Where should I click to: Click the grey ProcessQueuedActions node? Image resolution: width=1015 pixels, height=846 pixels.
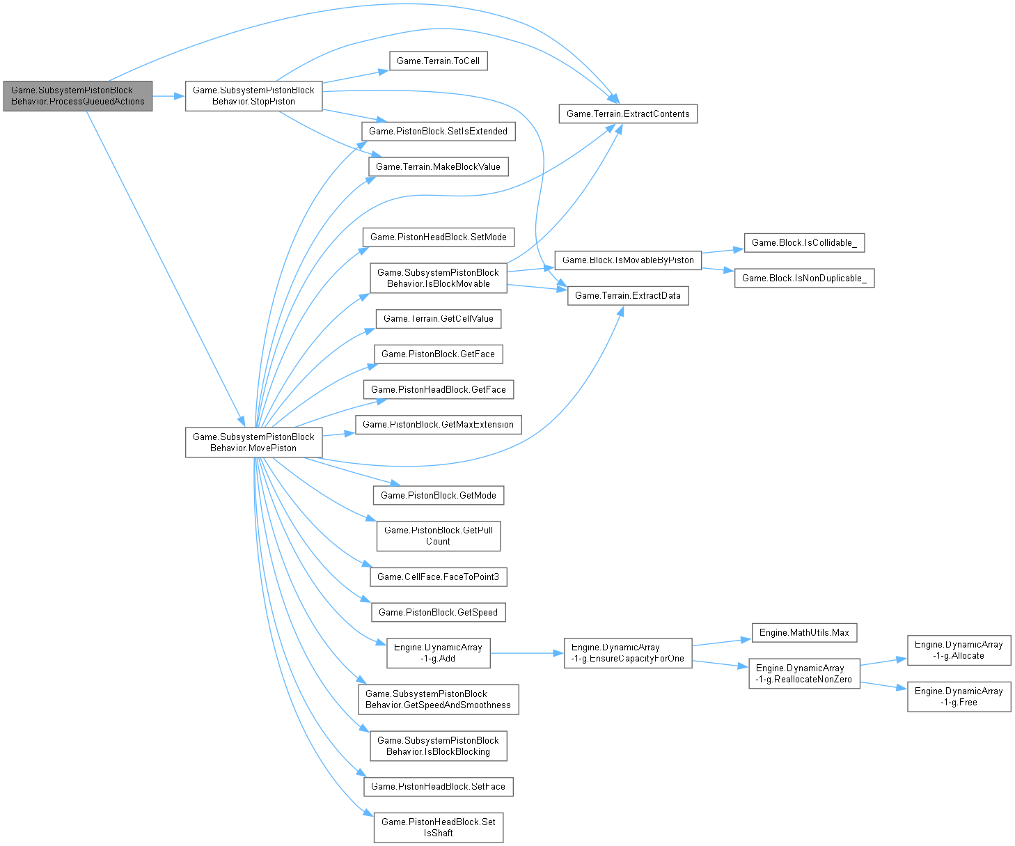(77, 96)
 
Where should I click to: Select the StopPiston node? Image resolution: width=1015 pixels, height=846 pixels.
(253, 96)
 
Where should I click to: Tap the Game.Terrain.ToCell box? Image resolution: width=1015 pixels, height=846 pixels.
(438, 61)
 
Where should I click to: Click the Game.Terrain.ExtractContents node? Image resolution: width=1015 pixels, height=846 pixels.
(627, 113)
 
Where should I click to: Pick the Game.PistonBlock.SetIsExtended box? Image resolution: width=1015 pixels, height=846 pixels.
(438, 131)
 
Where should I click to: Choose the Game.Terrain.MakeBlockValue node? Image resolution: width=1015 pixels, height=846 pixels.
(438, 166)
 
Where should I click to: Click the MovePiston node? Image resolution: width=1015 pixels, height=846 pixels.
(253, 442)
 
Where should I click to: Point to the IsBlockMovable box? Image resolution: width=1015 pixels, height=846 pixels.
(438, 278)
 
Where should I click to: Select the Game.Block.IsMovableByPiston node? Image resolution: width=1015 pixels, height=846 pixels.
(627, 260)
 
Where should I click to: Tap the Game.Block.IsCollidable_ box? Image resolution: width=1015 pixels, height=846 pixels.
(804, 242)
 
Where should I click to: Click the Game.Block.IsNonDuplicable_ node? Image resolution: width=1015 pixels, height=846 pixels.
(804, 278)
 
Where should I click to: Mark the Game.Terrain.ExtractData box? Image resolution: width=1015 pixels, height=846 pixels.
(627, 295)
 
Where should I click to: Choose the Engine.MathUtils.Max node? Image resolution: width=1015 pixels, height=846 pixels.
(804, 632)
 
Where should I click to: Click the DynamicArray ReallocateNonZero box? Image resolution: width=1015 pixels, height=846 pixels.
(804, 673)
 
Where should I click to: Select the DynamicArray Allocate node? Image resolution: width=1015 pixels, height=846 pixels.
(959, 650)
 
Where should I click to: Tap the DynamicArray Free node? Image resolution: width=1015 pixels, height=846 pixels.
(959, 696)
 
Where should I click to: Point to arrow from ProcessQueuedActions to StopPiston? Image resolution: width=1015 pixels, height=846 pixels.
(168, 96)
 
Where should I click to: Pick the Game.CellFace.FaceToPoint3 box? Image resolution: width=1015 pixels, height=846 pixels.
(438, 577)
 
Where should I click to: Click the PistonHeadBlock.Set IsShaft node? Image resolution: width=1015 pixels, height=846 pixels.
(438, 827)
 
